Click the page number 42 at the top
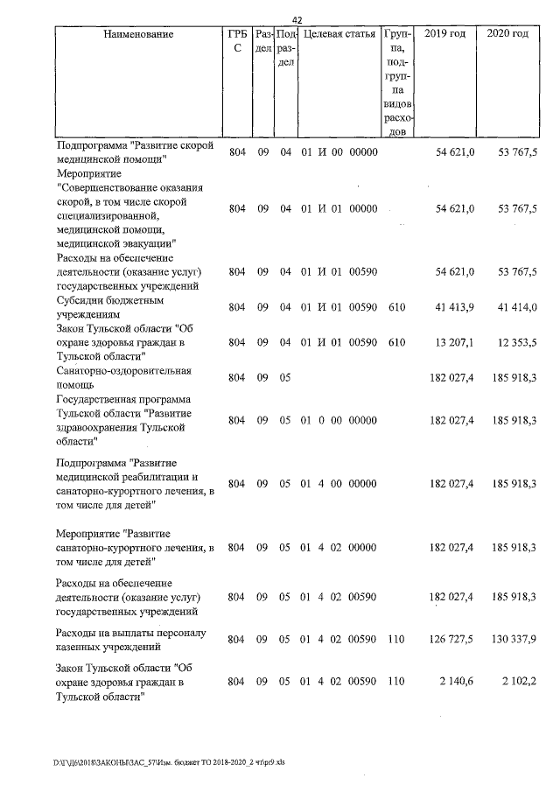(x=297, y=20)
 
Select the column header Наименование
(x=138, y=34)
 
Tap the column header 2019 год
(x=444, y=34)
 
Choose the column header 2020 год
(x=507, y=34)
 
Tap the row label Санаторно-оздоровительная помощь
(x=123, y=377)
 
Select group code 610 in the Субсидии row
(x=396, y=306)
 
